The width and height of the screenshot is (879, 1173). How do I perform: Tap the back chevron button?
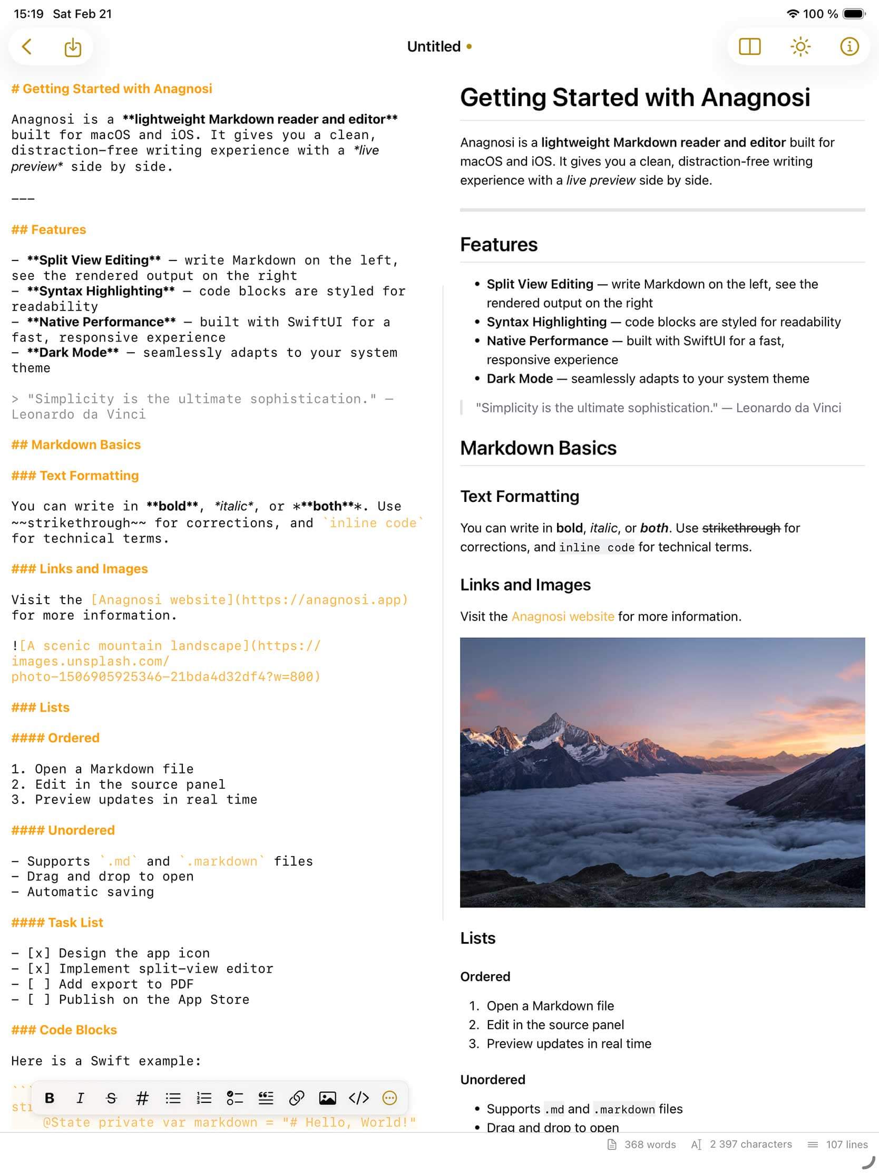26,47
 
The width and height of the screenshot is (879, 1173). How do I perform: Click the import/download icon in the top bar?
73,47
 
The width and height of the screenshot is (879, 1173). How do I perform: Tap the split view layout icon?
750,47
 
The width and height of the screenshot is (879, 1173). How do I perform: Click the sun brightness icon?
800,47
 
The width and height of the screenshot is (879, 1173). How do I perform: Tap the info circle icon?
849,47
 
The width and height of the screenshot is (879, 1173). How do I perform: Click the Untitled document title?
434,47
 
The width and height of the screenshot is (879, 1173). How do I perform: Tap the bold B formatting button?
50,1098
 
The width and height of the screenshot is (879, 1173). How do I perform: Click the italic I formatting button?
80,1098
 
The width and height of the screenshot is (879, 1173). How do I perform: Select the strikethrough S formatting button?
111,1098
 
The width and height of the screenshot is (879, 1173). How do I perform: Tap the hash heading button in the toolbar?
142,1098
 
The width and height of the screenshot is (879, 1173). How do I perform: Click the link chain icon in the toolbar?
296,1098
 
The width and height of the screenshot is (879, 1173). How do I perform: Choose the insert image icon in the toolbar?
327,1098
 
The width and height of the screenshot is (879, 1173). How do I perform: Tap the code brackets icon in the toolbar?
358,1098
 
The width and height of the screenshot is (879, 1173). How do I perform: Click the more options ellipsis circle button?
389,1098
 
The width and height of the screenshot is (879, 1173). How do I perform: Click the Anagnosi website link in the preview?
562,616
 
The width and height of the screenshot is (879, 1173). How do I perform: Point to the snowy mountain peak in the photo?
554,718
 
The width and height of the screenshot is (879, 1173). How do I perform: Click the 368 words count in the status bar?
649,1145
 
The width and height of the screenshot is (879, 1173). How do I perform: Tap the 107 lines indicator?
846,1145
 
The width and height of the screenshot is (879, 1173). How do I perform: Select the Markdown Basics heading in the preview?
538,448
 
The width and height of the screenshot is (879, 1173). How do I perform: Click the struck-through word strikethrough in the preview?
740,528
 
